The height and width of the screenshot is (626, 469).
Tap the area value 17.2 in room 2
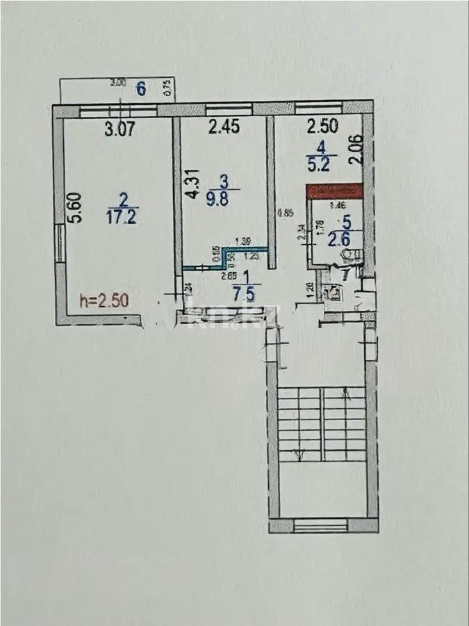click(x=124, y=216)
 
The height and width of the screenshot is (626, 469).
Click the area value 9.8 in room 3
click(x=223, y=197)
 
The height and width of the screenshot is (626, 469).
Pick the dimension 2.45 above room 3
click(x=224, y=127)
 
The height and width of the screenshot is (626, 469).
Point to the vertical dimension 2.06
click(x=356, y=149)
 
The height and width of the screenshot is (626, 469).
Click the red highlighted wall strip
click(x=336, y=190)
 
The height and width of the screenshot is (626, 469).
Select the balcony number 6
click(x=142, y=88)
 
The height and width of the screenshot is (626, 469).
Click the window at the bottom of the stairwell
click(x=321, y=525)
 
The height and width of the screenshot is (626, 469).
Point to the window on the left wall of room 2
click(x=60, y=243)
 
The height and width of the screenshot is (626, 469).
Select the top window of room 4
click(x=319, y=108)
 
